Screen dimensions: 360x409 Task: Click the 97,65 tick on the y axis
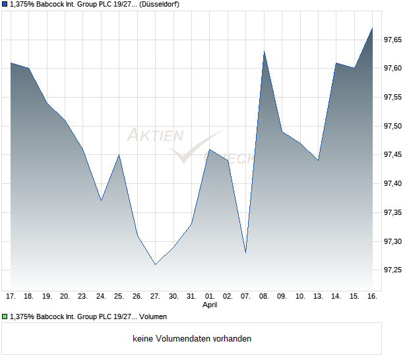click(393, 40)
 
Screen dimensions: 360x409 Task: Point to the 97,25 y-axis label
click(393, 270)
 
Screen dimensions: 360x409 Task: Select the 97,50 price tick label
click(393, 126)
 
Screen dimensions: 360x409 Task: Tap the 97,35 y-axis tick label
click(393, 212)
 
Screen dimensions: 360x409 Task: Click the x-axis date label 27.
click(156, 296)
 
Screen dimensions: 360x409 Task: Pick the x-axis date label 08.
click(265, 296)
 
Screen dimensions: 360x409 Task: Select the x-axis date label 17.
click(11, 296)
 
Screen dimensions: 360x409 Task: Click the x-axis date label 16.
click(372, 296)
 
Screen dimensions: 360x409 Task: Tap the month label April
click(210, 305)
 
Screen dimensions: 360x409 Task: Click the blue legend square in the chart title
click(4, 5)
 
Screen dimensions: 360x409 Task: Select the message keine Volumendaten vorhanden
click(192, 338)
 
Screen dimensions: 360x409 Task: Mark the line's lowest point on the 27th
click(156, 264)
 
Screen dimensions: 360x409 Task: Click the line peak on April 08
click(265, 51)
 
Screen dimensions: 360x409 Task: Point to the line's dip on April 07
click(246, 253)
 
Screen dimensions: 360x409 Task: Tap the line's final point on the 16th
click(373, 28)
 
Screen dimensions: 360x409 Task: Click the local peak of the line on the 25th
click(119, 155)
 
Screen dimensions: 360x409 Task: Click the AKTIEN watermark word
click(154, 136)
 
